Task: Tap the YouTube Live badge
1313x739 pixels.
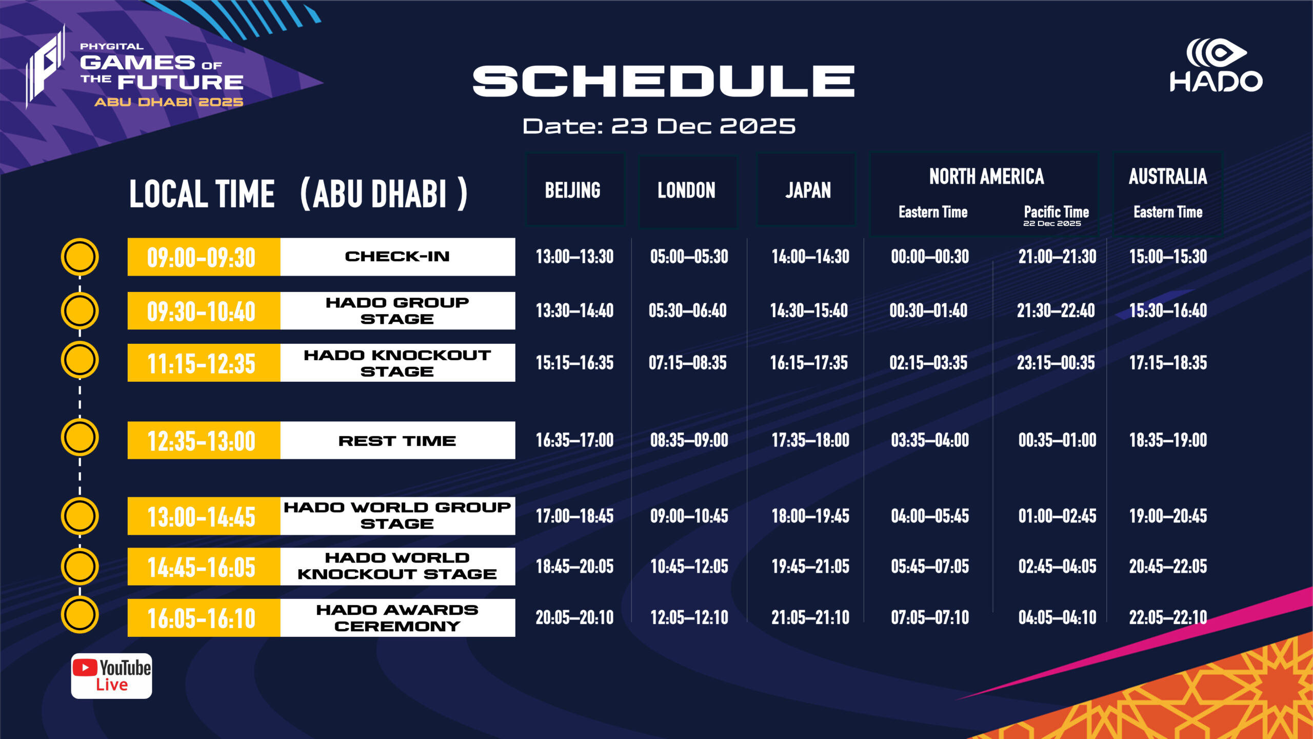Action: click(x=111, y=676)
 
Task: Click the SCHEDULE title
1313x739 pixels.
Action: click(x=664, y=81)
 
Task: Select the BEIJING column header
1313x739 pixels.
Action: click(x=573, y=190)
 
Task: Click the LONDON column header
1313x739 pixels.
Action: click(x=687, y=190)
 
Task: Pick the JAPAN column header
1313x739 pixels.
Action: click(x=808, y=190)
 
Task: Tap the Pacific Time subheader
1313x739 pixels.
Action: click(x=1057, y=211)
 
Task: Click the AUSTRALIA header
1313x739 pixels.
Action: click(x=1168, y=177)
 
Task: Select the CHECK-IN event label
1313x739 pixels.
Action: click(x=397, y=256)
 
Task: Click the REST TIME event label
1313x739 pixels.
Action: click(x=397, y=441)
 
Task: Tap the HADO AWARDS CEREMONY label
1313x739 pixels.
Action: click(x=397, y=618)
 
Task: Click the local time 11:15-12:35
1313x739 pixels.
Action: click(x=202, y=363)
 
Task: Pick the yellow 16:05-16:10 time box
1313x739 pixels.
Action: click(x=204, y=618)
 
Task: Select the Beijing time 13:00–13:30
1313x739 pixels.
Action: click(x=574, y=257)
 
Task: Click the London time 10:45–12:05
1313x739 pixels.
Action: click(x=689, y=567)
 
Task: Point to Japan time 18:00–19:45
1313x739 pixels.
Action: click(x=810, y=516)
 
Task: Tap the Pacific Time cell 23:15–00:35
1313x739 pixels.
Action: click(x=1056, y=363)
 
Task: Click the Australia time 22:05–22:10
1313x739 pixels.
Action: click(x=1168, y=617)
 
